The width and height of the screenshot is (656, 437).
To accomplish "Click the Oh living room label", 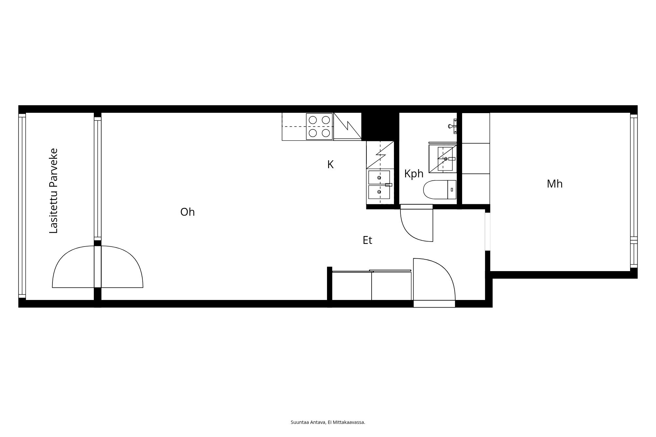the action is coord(188,212).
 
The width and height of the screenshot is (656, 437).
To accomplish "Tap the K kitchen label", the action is coord(330,165).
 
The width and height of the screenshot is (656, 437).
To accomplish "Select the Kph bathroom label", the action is coord(414,174).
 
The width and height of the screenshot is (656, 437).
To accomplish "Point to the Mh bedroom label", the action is coord(555,184).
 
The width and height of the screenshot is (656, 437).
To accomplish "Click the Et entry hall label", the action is coord(367,240).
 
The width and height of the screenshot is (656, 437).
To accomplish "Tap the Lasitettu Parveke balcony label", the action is coord(53,191).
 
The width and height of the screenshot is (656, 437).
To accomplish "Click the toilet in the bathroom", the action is coord(440,189).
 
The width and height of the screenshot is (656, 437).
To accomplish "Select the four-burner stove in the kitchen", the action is coord(319,127).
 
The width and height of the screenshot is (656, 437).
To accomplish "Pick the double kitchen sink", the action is coord(379,185).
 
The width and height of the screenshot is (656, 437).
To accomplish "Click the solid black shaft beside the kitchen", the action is coord(380,127).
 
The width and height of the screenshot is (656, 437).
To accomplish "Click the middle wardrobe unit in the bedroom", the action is coord(476,158).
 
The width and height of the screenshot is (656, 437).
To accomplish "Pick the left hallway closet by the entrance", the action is coord(352,286).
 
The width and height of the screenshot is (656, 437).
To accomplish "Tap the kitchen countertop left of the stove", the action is coord(294,127).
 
